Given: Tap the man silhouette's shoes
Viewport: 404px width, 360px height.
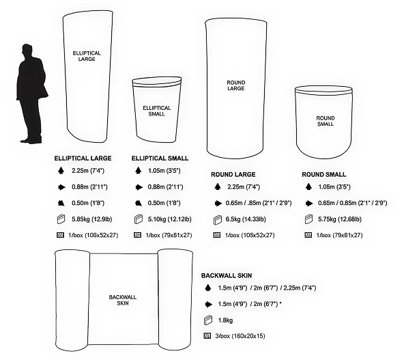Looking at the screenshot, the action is [31, 141].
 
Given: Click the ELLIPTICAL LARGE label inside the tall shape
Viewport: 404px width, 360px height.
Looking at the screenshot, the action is [87, 56].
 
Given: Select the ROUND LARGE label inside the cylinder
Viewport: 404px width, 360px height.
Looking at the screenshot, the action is [235, 85].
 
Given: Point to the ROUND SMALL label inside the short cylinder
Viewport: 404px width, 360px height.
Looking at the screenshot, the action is [326, 121].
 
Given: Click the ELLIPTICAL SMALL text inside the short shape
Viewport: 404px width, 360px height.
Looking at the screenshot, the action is [157, 111].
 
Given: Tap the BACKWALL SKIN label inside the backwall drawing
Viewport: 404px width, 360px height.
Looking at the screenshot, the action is [123, 300].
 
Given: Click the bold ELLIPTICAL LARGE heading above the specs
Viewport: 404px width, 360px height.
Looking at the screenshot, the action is [83, 158].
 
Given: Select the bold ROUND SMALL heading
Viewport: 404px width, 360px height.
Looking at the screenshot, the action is [324, 175].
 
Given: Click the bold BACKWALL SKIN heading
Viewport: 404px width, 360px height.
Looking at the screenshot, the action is [227, 276].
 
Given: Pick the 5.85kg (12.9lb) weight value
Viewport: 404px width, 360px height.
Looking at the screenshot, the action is [91, 219].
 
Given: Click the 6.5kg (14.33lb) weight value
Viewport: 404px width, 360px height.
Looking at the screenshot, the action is [246, 219].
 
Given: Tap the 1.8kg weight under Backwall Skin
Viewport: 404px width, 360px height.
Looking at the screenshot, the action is [225, 320].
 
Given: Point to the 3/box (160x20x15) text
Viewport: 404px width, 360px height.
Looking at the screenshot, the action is [240, 336].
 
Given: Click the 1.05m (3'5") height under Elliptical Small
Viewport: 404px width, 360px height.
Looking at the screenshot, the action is [164, 171].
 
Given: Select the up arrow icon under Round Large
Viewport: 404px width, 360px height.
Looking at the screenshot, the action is [218, 186].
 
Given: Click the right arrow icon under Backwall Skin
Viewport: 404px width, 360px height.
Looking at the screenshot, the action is [208, 304].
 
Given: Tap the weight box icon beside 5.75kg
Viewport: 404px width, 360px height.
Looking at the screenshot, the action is [308, 219].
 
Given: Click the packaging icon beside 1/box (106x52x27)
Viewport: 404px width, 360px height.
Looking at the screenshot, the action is [60, 235].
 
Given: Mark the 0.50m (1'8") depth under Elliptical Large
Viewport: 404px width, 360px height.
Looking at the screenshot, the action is [88, 203].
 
